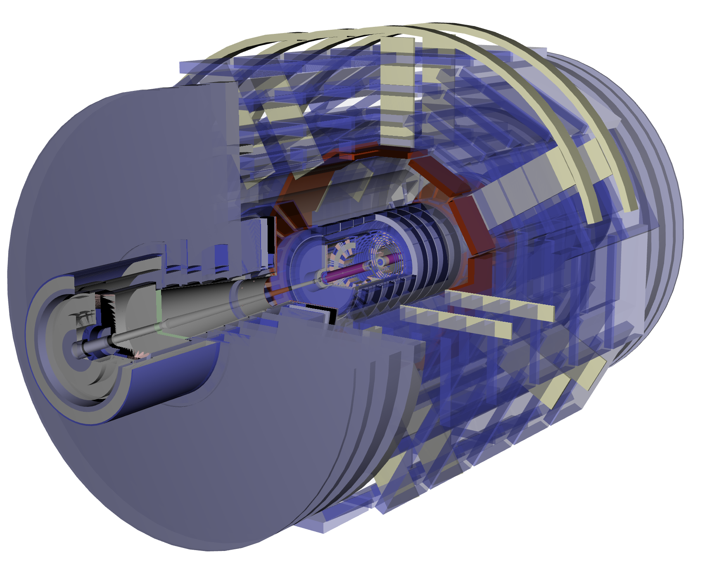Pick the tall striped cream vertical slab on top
point(396,91)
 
